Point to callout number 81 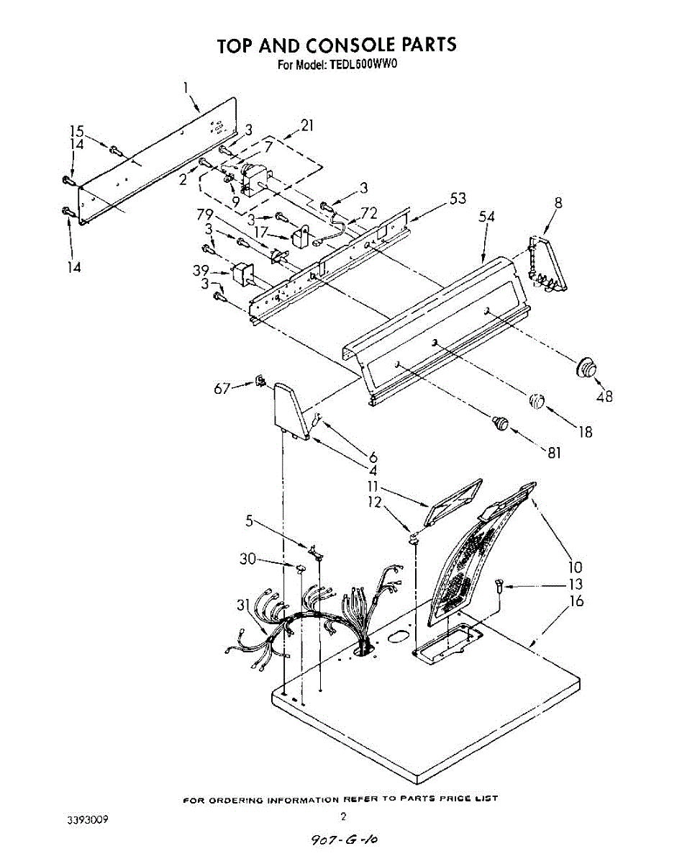pyautogui.click(x=554, y=452)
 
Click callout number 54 pyautogui.click(x=485, y=217)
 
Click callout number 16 pyautogui.click(x=577, y=601)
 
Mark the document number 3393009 pyautogui.click(x=87, y=819)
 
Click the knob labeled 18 pyautogui.click(x=537, y=402)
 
